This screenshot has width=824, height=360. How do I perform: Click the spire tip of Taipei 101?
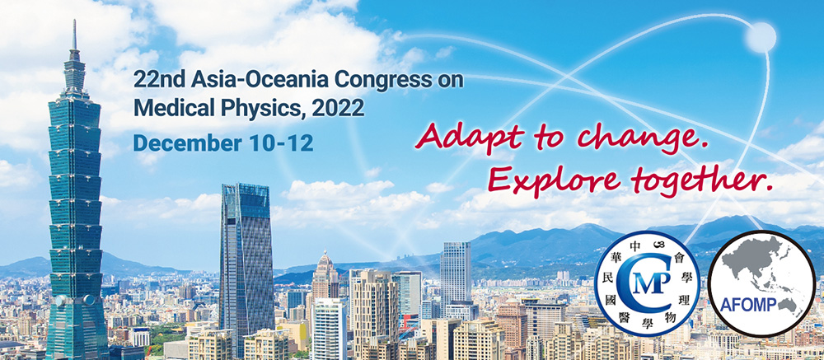click(x=74, y=21)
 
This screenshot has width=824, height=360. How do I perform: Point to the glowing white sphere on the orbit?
click(x=761, y=37)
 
